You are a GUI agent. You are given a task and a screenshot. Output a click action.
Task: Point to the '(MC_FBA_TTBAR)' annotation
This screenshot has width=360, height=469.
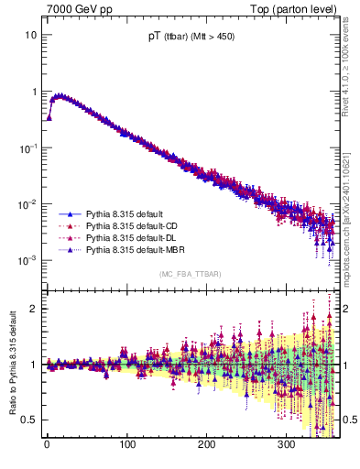(189, 275)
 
